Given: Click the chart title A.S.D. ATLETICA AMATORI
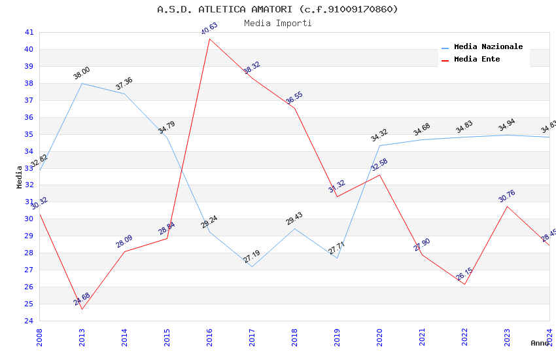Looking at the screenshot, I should click(x=277, y=9).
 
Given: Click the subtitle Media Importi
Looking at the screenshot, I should click(x=277, y=23).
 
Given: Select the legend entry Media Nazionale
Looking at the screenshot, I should click(x=488, y=46).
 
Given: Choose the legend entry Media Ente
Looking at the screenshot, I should click(x=477, y=59).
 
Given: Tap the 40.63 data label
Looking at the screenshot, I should click(x=209, y=29).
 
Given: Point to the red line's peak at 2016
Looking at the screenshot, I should click(x=209, y=39).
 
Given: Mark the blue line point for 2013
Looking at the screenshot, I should click(x=82, y=83).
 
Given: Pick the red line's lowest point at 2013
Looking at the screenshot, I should click(x=82, y=309).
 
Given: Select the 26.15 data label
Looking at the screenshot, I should click(x=464, y=274).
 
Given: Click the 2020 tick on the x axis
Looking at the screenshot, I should click(x=379, y=335).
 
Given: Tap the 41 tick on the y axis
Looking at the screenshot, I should click(x=29, y=32).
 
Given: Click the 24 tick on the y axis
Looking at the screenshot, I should click(x=29, y=321).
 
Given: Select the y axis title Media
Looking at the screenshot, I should click(x=20, y=177).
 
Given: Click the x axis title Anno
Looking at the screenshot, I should click(x=540, y=343).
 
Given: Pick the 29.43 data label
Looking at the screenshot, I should click(x=294, y=219).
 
